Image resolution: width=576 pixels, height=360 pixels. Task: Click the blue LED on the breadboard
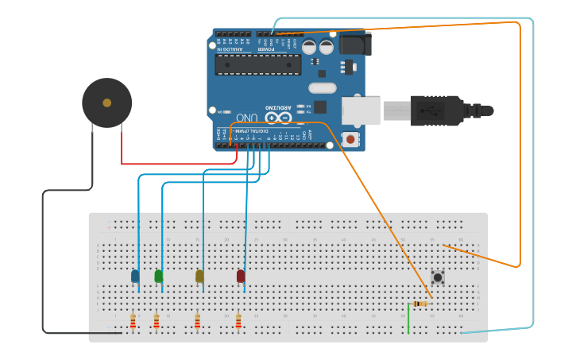point(135,276)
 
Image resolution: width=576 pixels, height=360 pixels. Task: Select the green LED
point(159,276)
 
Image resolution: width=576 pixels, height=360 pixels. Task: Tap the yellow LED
point(199,276)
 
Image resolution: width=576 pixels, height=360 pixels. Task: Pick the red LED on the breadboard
point(241,276)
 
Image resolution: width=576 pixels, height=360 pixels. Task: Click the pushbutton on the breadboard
point(438,277)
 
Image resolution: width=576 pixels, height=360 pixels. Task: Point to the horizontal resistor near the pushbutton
point(419,304)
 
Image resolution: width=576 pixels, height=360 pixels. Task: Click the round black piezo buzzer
point(106,103)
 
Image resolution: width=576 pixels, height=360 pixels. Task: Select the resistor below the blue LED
point(133,321)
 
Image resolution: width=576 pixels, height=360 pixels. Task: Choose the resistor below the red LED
point(238,321)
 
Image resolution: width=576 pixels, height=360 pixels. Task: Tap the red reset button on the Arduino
point(350,139)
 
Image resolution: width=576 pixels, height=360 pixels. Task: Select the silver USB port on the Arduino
point(361,110)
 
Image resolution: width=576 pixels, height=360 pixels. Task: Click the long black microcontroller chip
point(257,64)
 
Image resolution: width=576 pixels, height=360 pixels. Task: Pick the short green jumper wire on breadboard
point(408,318)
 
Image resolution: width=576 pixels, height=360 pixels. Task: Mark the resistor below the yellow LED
point(198,321)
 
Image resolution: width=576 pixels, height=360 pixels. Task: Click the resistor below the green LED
point(157,321)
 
